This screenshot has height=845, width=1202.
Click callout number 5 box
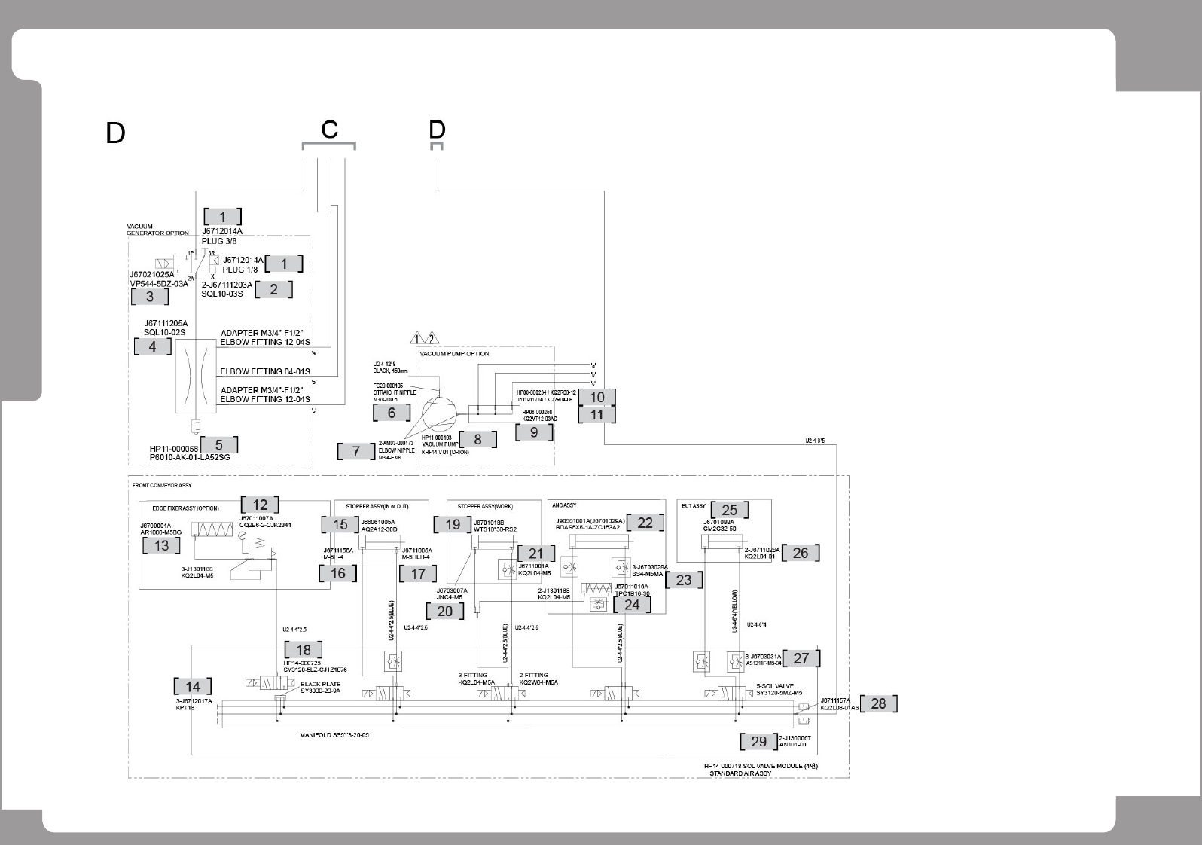point(218,445)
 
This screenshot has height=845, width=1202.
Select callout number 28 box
point(878,703)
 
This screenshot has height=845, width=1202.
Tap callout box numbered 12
point(260,505)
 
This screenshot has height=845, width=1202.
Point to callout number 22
point(645,523)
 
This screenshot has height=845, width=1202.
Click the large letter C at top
point(329,130)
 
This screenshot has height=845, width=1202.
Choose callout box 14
point(193,686)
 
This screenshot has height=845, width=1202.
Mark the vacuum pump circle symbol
point(439,413)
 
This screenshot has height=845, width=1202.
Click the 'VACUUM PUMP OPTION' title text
point(454,354)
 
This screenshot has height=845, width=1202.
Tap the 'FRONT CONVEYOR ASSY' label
point(162,485)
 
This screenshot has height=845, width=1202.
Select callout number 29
point(758,741)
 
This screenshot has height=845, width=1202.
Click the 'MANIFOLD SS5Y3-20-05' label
point(334,734)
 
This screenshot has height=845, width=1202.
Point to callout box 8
point(477,438)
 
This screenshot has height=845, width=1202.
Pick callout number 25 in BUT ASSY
point(729,510)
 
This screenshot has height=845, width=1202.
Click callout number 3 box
point(150,297)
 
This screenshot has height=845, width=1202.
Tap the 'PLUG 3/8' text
point(219,241)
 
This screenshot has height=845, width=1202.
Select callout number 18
point(304,650)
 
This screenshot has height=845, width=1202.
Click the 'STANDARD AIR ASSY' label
point(740,773)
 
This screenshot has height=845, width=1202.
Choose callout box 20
point(445,611)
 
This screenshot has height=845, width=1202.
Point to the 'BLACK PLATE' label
point(321,685)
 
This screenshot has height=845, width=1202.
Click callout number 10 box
point(597,397)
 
